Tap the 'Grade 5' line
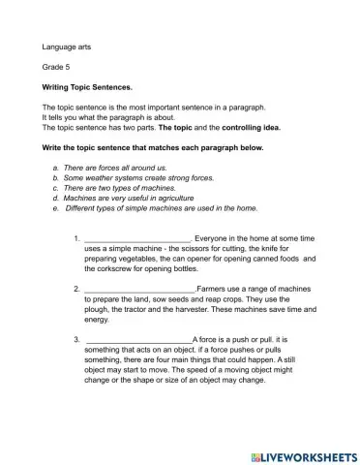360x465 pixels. tap(56, 67)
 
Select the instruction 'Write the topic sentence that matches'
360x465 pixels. tap(150, 147)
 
